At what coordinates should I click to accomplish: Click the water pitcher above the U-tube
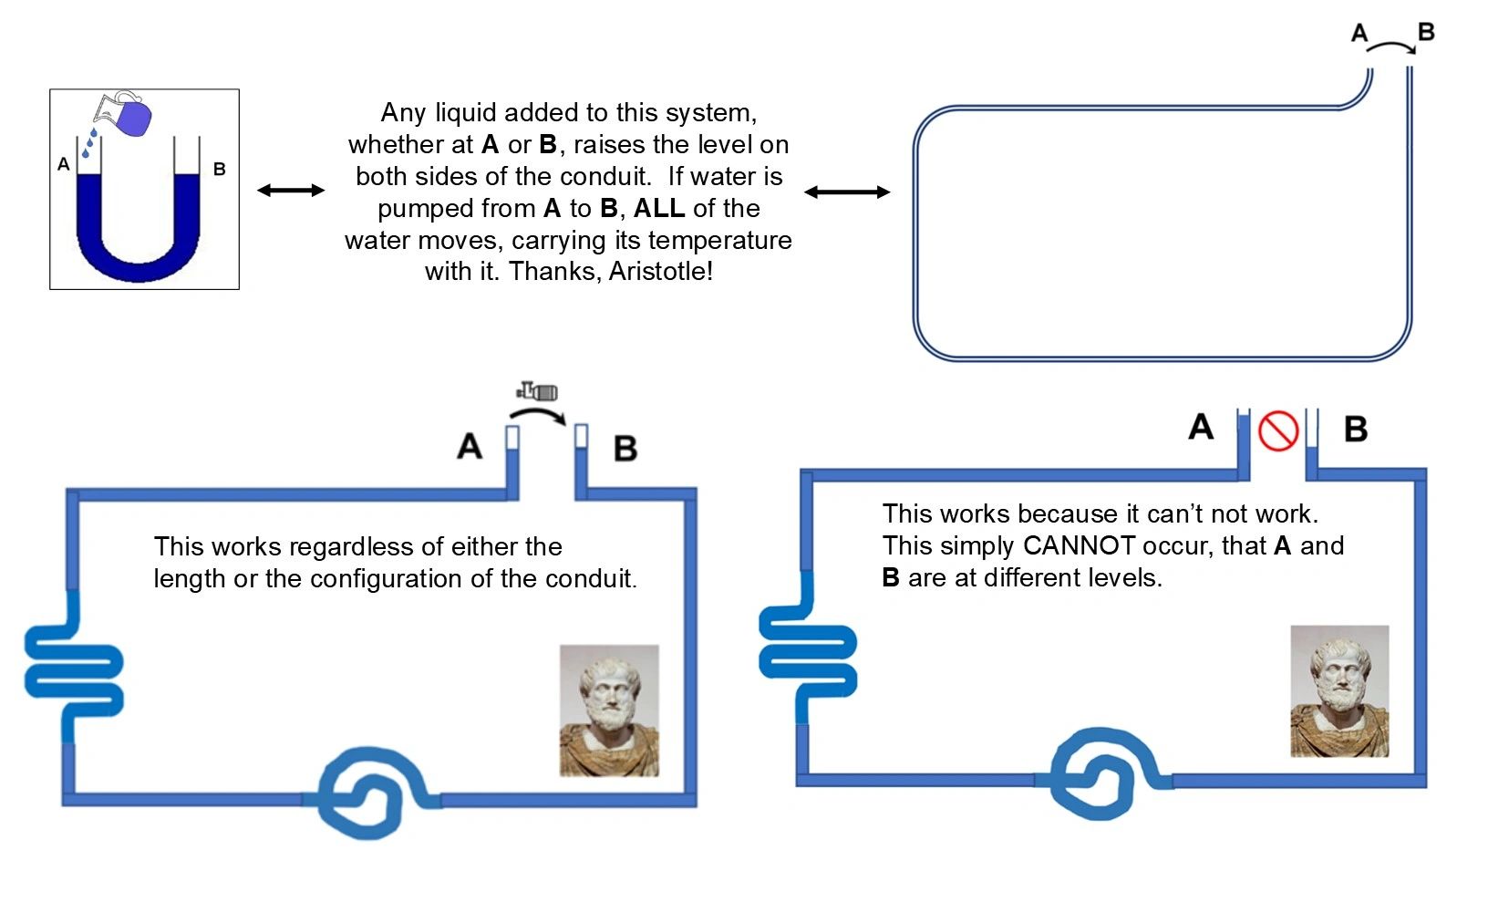(124, 114)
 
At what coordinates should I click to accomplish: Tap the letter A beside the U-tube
(63, 164)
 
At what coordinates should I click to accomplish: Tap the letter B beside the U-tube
(219, 169)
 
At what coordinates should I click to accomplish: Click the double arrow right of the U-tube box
(291, 190)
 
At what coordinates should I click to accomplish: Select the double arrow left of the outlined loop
(847, 192)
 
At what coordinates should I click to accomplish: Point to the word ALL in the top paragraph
(658, 208)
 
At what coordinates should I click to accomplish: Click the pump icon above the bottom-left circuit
(538, 392)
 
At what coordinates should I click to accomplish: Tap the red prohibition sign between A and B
(1277, 430)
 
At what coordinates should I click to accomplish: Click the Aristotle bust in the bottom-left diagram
(609, 710)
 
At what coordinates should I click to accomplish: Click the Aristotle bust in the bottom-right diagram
(1339, 690)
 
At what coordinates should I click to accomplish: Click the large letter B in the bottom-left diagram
(625, 449)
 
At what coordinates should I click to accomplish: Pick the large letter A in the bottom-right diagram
(1201, 427)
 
